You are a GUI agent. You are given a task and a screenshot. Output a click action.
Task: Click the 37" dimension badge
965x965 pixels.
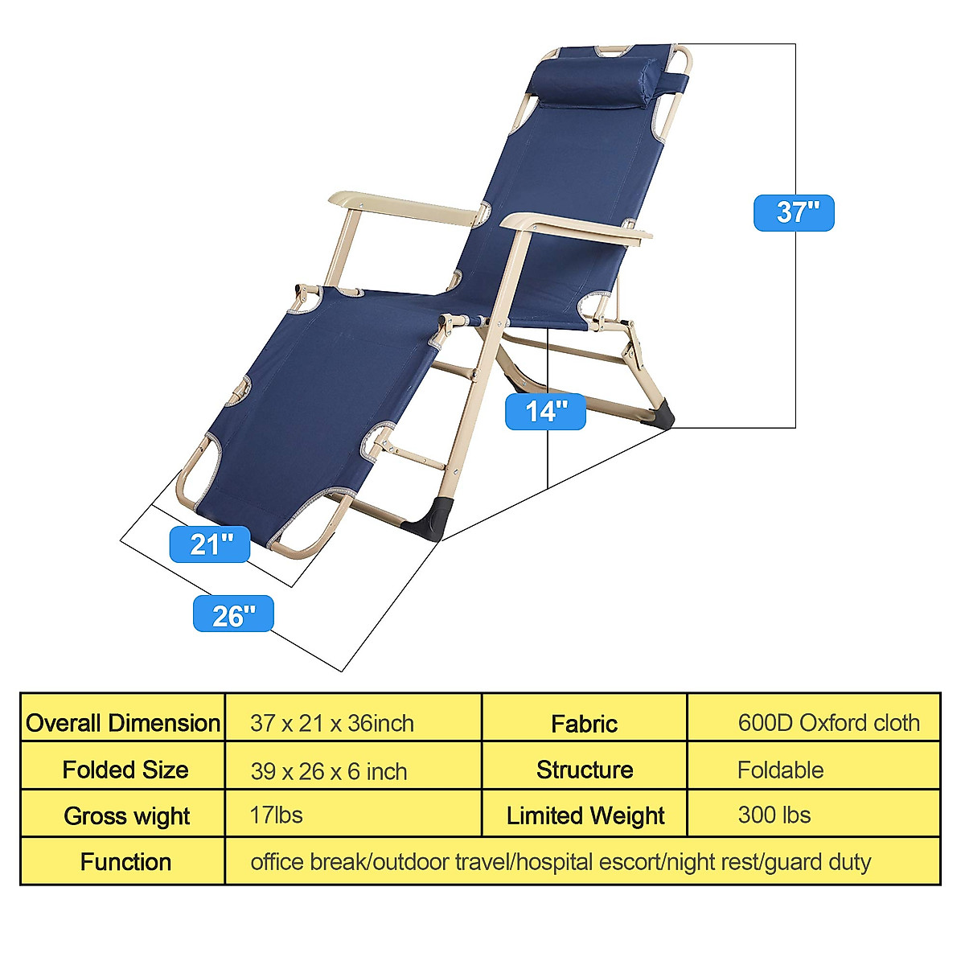click(794, 213)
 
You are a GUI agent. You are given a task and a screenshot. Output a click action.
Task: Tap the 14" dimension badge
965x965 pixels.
click(545, 412)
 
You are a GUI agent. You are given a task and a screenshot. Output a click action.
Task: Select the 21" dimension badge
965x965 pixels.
click(210, 544)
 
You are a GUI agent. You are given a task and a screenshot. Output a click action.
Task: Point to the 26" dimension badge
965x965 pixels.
click(233, 614)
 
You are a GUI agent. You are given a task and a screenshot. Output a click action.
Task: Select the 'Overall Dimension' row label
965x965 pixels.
click(123, 723)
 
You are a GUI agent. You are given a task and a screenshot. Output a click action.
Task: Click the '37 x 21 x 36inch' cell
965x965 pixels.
click(332, 723)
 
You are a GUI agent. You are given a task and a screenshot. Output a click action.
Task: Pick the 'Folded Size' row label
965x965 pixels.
click(125, 770)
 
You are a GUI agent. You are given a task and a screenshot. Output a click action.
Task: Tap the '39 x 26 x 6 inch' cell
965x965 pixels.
click(329, 771)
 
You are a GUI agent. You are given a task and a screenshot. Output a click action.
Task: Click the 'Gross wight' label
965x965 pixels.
click(126, 816)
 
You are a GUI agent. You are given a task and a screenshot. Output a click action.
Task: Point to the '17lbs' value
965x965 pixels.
click(276, 815)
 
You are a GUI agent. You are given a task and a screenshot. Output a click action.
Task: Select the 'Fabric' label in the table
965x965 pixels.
click(584, 724)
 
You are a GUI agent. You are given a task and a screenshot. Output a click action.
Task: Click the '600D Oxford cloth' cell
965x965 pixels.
click(828, 723)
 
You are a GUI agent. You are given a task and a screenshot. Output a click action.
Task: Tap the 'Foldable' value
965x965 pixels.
click(780, 770)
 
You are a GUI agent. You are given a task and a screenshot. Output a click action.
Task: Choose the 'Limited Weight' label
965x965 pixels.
click(585, 816)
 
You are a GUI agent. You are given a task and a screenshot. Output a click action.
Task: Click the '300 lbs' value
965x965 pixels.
click(774, 815)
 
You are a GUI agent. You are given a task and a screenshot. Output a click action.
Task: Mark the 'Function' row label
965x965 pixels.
click(125, 862)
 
